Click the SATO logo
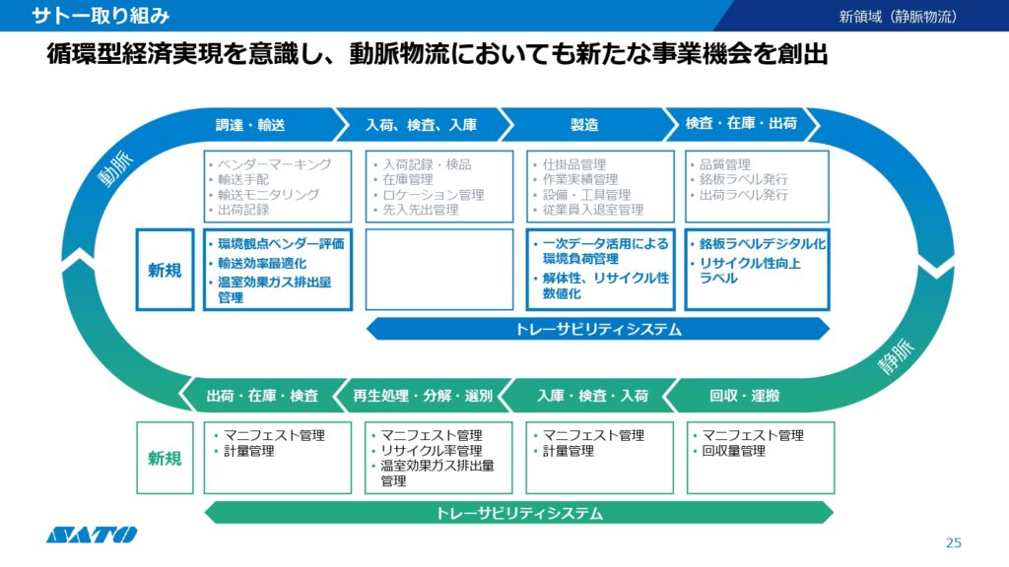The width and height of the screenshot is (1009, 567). coord(92,535)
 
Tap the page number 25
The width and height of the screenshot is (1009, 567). coord(954,543)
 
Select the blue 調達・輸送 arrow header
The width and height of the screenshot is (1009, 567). coord(257,125)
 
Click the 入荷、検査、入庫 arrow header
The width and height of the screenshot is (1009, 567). coord(422,125)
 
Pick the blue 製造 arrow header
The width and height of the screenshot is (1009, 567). coord(585,125)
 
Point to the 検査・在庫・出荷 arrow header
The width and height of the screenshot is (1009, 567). coord(741,123)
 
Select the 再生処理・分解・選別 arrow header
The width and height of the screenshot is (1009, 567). coord(423,396)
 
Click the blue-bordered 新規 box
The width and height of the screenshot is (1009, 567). coord(165,270)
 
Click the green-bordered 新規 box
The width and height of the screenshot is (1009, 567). coord(165,458)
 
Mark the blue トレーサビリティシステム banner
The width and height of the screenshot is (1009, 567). coord(598,329)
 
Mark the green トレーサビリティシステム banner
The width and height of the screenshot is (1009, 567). coord(519,513)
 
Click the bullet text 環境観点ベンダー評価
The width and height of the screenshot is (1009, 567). coord(281,244)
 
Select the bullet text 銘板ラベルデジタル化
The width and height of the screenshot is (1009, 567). coord(763,244)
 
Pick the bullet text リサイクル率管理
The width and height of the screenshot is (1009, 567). coord(432,451)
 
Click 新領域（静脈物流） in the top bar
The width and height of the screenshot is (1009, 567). coord(898,16)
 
